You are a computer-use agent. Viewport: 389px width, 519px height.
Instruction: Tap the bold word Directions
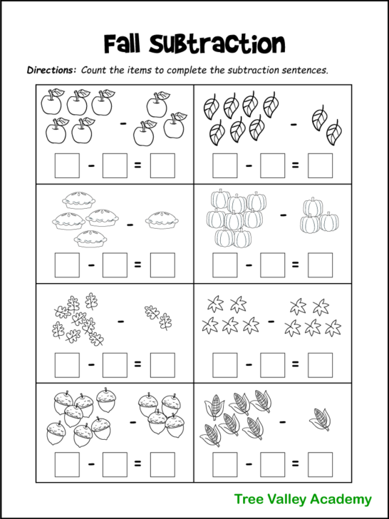[x=51, y=71]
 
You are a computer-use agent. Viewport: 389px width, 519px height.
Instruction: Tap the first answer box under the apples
[x=67, y=165]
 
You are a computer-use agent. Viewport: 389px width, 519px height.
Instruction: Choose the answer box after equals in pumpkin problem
[x=320, y=265]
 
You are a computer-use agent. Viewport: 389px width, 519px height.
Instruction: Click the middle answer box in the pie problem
[x=115, y=265]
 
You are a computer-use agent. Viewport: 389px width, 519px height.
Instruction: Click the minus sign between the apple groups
[x=123, y=123]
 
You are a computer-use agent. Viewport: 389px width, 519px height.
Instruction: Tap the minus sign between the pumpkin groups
[x=284, y=213]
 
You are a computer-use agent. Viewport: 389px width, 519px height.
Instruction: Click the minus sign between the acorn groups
[x=132, y=421]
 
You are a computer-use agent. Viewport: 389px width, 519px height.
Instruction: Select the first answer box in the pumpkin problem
[x=224, y=265]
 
